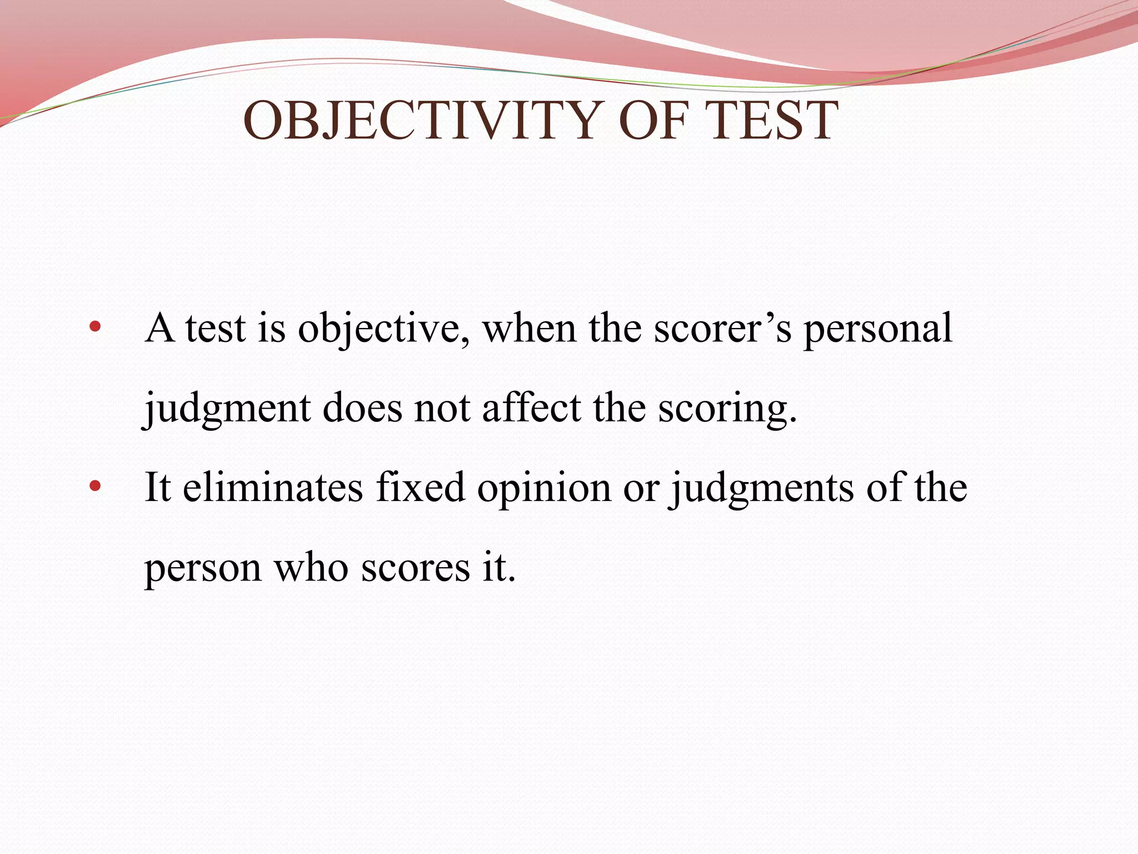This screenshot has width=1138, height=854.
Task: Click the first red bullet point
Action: coord(95,327)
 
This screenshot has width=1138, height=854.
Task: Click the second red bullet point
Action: coord(95,486)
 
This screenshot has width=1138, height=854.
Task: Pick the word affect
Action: coord(531,408)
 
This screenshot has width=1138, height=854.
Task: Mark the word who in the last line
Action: coord(311,568)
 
